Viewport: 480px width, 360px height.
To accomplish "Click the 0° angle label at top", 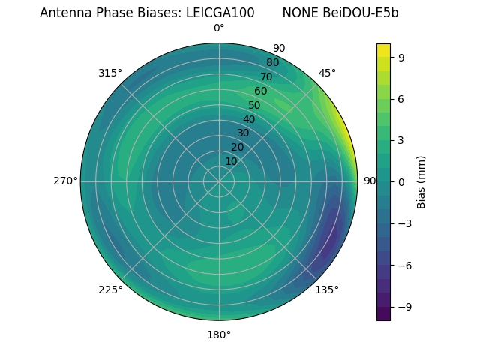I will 219,28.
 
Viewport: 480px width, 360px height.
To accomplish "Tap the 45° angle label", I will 327,73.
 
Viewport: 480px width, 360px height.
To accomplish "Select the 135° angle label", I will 327,289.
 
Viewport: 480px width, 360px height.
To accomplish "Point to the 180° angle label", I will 219,334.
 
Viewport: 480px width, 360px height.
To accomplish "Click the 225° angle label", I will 110,289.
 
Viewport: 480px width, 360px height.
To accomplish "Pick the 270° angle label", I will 65,181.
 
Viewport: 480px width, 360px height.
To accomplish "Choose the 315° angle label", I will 110,73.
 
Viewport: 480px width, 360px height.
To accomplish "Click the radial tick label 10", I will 231,161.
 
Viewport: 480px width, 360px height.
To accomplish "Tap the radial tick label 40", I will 249,119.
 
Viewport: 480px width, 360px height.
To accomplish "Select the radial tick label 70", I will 266,76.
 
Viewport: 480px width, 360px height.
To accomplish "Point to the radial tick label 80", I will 272,63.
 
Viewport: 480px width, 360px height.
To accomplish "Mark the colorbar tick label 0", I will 400,181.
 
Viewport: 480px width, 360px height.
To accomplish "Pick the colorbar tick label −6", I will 403,265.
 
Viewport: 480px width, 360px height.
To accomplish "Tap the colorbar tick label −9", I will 403,307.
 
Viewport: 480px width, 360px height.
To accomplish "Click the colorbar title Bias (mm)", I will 421,181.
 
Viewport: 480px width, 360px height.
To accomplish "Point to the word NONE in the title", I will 301,13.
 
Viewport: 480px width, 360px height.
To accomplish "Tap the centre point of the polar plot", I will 219,181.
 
